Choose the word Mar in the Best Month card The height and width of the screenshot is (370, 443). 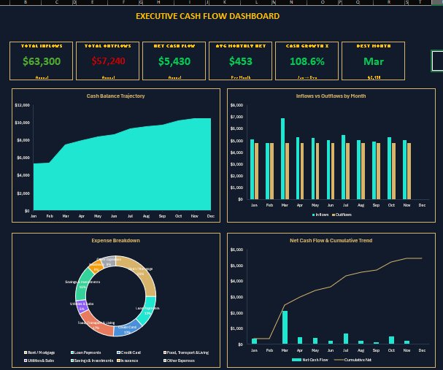coord(373,62)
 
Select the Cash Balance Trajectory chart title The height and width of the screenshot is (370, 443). coord(115,96)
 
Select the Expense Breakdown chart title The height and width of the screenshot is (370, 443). coord(115,239)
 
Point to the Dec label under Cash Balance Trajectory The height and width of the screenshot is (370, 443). coord(211,216)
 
